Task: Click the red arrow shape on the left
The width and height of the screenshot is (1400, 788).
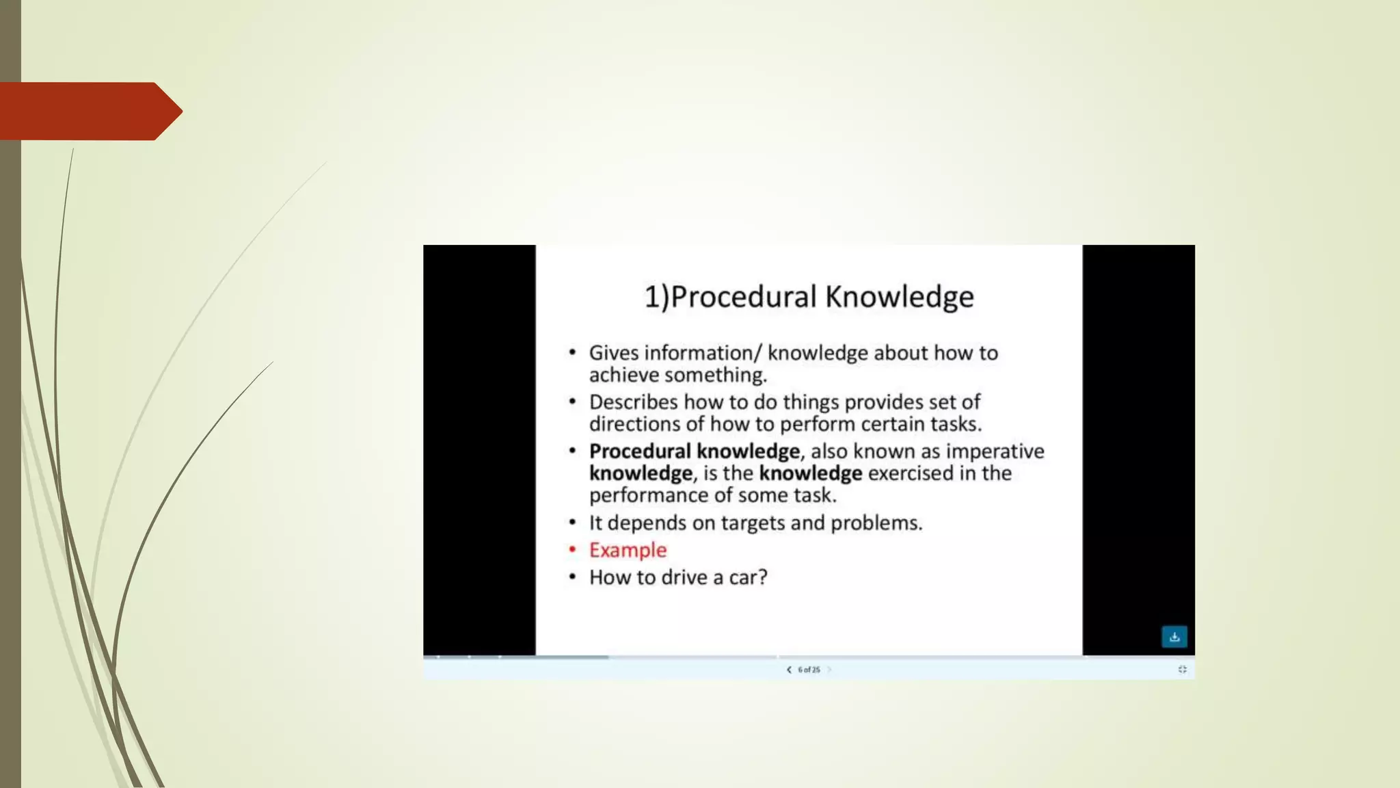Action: (89, 111)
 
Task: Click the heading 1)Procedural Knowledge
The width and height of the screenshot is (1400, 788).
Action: (809, 297)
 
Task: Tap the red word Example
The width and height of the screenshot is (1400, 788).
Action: (628, 550)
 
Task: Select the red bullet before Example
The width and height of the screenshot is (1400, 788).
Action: (573, 549)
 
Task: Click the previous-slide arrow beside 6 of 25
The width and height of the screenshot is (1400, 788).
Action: (789, 670)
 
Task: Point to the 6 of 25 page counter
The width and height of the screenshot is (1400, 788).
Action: (809, 670)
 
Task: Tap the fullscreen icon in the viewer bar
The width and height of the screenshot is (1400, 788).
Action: (1182, 670)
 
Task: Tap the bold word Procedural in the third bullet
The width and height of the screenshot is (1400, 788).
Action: (640, 451)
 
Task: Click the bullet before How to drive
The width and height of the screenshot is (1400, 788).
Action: (573, 577)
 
